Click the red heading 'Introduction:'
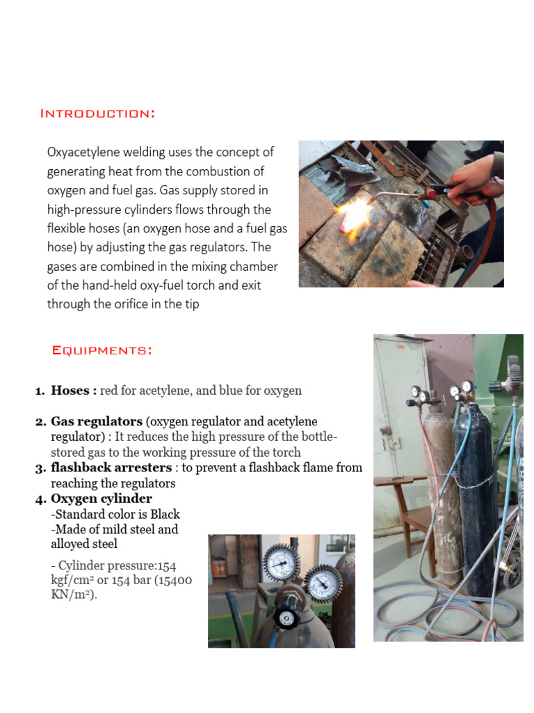tap(97, 113)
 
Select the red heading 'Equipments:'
tap(102, 350)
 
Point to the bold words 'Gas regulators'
tap(97, 422)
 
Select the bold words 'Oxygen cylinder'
tap(102, 499)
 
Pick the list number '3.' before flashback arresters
tap(40, 468)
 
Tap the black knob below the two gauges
tap(285, 617)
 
